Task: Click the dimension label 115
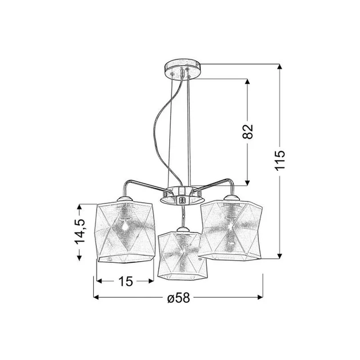point(279,161)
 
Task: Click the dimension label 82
point(247,131)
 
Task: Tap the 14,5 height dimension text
point(79,231)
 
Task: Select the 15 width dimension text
point(126,281)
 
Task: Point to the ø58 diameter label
point(179,298)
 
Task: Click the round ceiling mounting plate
point(182,69)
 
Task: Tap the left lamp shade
point(125,231)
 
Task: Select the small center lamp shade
point(183,255)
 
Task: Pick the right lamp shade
point(230,230)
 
